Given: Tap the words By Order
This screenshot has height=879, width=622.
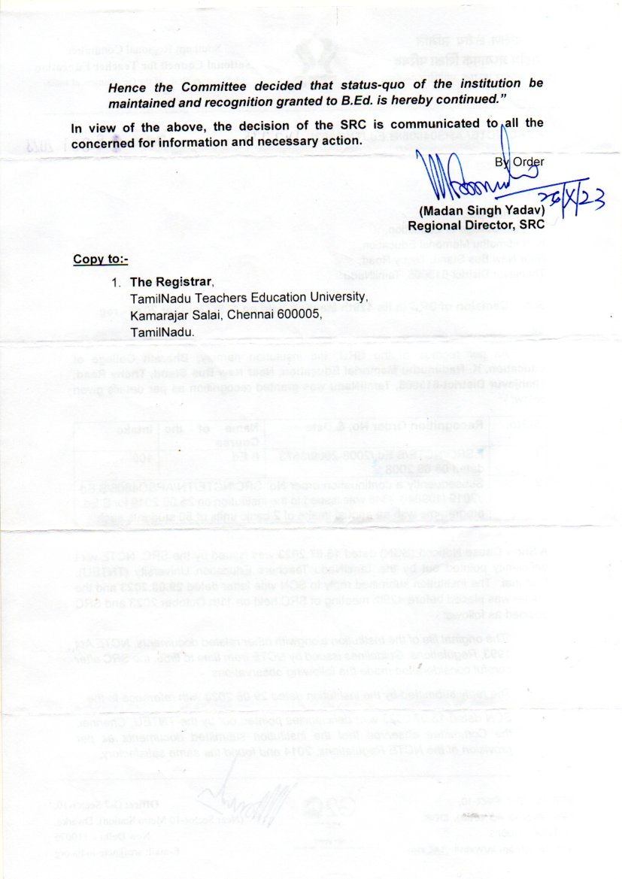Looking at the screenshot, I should [x=519, y=161].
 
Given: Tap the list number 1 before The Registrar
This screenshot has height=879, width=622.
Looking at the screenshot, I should [x=116, y=283].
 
